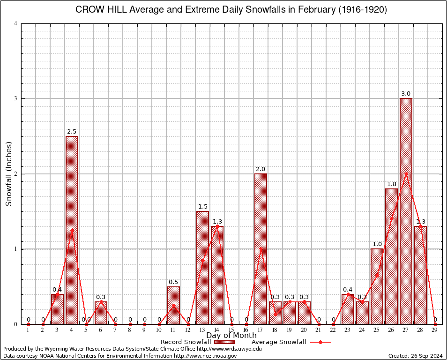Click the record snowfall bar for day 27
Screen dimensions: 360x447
click(406, 211)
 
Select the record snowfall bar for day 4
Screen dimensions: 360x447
click(72, 230)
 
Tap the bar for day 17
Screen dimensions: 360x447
click(261, 248)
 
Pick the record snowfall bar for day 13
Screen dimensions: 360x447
click(202, 267)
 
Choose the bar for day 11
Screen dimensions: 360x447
click(173, 305)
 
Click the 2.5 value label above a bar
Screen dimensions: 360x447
click(72, 131)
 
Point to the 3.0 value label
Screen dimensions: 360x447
click(406, 94)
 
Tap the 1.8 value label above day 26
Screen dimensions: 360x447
click(391, 184)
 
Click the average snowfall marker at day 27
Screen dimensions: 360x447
click(406, 174)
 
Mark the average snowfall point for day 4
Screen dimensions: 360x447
click(72, 230)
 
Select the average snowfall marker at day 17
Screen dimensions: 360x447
click(261, 249)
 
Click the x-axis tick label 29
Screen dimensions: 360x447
click(435, 330)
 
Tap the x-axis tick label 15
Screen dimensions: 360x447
click(231, 330)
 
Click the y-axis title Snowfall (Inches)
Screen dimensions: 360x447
click(8, 173)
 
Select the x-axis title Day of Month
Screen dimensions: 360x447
click(231, 336)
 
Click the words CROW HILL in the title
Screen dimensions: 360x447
click(100, 10)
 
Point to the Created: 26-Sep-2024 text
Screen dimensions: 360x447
click(415, 356)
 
